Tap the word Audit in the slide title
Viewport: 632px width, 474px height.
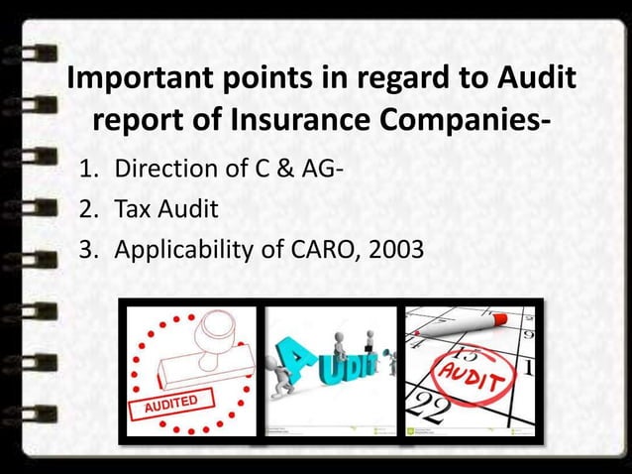[526, 78]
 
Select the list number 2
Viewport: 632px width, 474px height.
[87, 209]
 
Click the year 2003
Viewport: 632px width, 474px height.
[396, 248]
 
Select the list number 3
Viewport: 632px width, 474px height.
[87, 249]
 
